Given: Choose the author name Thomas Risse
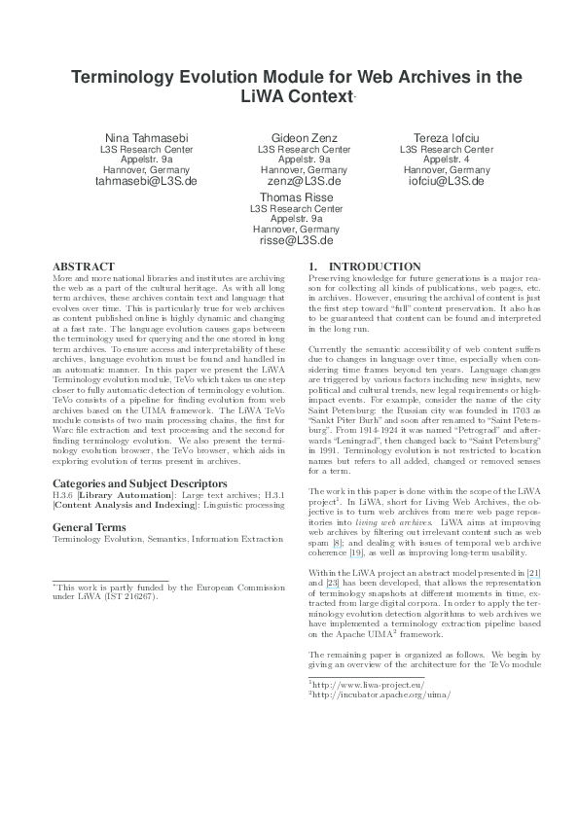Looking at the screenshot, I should pos(296,195).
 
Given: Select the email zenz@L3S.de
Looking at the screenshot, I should pos(304,181).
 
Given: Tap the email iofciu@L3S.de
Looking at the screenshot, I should pos(447,181).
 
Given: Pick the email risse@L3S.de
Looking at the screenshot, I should pos(296,239).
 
